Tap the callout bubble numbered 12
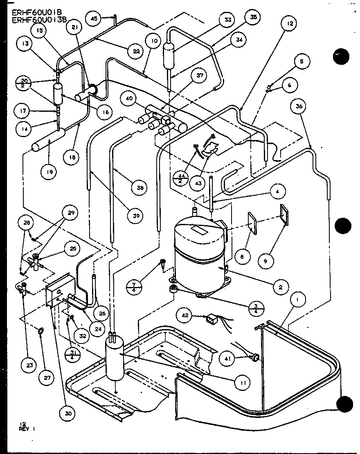click(289, 24)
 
